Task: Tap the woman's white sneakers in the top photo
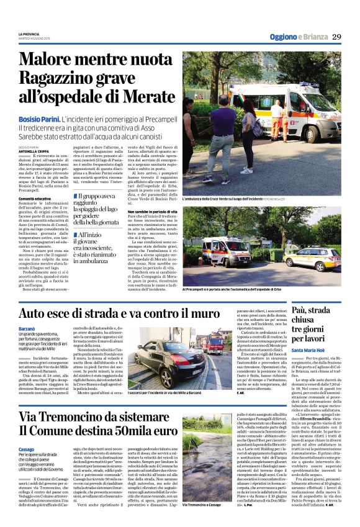click(x=248, y=170)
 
